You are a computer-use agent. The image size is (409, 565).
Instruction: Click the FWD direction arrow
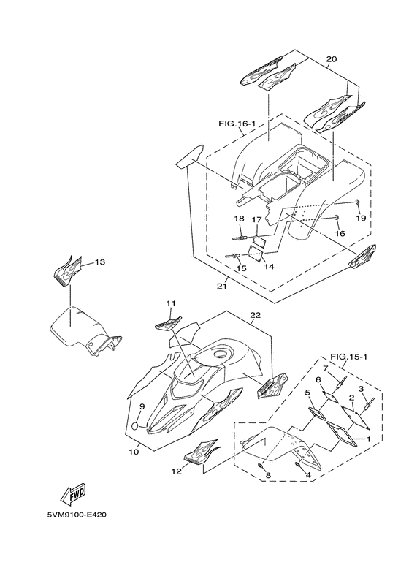[73, 493]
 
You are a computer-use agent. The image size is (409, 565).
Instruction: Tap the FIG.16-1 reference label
[237, 124]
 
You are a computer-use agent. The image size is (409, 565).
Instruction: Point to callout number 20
[332, 59]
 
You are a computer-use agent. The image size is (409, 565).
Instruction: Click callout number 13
[100, 262]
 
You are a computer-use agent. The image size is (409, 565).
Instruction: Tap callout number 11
[170, 304]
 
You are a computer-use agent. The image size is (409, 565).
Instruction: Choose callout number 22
[256, 315]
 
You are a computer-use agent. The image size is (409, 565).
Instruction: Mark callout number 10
[134, 451]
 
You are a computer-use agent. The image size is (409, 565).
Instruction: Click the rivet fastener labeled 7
[340, 382]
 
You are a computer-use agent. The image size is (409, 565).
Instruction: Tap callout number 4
[307, 475]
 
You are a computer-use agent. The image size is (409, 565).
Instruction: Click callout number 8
[268, 475]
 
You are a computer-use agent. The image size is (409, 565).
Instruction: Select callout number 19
[361, 218]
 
